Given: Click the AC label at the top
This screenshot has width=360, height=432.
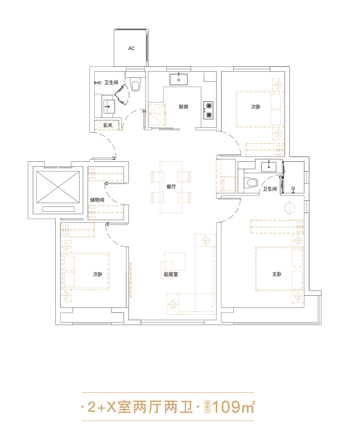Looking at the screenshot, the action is coord(131,48).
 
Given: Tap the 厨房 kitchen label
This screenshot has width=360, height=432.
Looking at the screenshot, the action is coord(183,107).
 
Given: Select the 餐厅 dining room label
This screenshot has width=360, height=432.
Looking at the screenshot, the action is coord(171,187).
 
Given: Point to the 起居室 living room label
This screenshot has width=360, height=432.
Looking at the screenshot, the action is coord(171,274).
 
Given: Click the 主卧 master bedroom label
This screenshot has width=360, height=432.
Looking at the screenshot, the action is coord(277,274).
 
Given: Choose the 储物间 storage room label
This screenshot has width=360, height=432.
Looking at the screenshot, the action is coord(97,200).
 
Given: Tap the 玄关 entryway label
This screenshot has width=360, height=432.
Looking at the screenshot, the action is coord(108,125).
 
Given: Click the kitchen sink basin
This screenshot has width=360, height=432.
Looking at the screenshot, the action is coord(179,79).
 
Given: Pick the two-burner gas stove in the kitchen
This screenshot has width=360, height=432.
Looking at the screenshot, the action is coord(208,110).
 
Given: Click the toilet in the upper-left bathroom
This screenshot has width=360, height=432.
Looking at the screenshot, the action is coord(136,84).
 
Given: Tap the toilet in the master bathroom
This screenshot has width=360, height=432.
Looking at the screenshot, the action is coord(251,183).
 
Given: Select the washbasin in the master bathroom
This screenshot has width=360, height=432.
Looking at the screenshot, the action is coord(269,167).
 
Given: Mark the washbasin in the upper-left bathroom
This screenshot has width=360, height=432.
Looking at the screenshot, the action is coord(109,107).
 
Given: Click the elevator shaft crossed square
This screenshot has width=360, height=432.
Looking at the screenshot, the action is coord(58,187).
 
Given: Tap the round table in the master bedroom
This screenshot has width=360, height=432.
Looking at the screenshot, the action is coord(289,208).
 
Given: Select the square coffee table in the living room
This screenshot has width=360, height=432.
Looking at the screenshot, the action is coord(175,261).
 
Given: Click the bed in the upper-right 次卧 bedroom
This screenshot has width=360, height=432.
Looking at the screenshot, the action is coord(260,109).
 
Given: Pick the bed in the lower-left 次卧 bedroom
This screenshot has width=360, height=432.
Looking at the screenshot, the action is coord(85,271).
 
